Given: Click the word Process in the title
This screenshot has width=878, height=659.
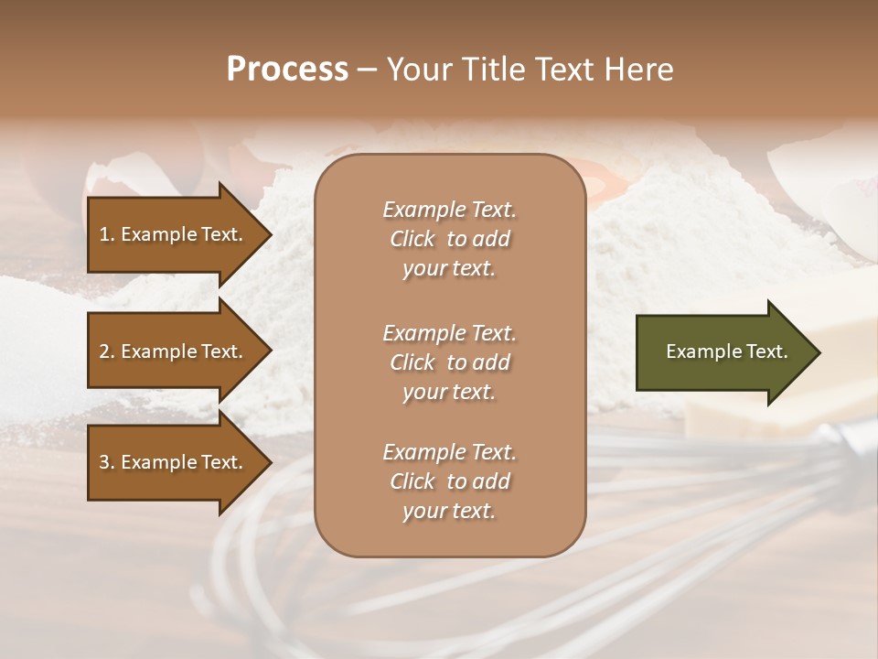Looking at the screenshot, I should point(287,70).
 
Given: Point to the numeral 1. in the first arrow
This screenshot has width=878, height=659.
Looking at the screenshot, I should point(107,234).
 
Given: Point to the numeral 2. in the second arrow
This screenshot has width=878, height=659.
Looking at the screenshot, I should point(107,351).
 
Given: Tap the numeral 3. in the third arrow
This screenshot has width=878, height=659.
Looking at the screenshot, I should point(107,462).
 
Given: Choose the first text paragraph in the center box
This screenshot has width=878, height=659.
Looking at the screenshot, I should point(449,239).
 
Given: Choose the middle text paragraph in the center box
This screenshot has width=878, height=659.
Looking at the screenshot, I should point(449,362).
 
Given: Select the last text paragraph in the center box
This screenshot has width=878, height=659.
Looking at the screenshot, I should point(449,481).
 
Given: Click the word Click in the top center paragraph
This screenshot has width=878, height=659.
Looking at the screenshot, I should point(412,239).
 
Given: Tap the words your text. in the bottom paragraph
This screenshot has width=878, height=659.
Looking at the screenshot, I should point(449,512).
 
